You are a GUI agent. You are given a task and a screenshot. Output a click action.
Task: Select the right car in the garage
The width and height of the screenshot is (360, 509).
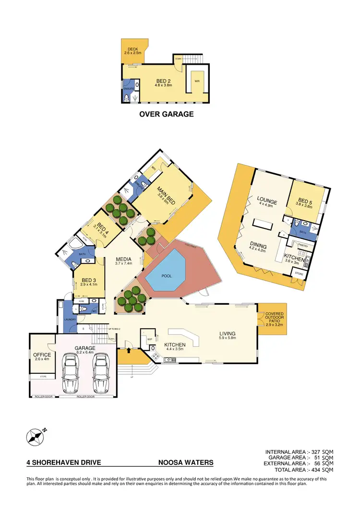101,374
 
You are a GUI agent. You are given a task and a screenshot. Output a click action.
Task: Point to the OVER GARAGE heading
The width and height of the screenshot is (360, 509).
166,114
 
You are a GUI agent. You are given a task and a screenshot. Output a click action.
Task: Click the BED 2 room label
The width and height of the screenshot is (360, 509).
163,81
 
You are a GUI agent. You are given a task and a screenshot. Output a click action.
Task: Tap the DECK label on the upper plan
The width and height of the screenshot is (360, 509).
133,49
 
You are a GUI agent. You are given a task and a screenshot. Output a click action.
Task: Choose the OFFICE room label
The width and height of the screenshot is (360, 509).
43,355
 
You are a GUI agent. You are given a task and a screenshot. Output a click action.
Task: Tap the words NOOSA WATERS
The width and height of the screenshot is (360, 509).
186,463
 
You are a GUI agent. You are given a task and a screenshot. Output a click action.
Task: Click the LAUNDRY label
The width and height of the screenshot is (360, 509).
71,319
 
